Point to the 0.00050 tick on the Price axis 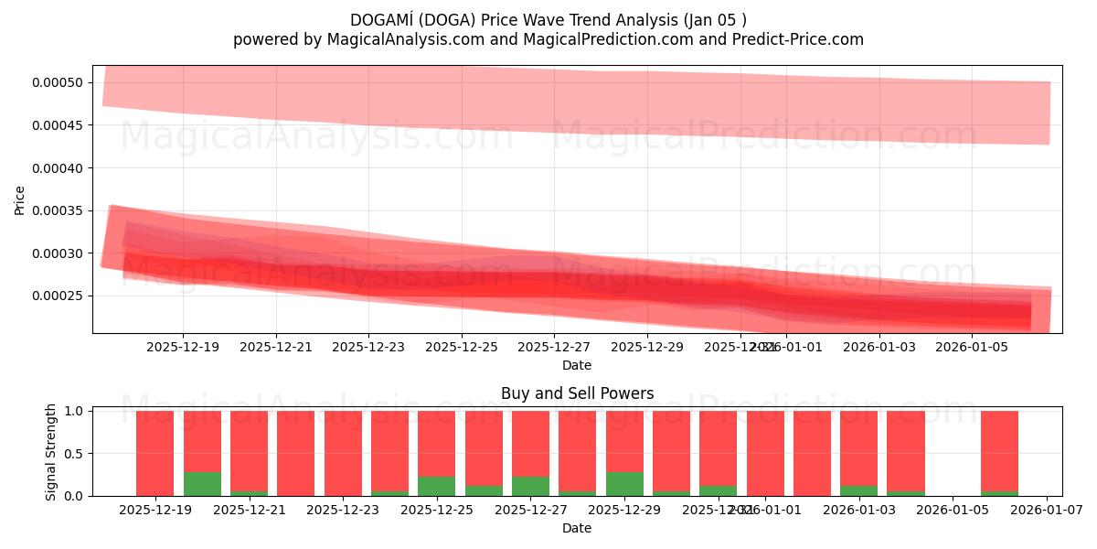tap(58, 82)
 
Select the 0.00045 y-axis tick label tap(58, 125)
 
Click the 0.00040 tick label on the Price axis tap(58, 168)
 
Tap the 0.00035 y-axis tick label tap(58, 210)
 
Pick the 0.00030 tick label tap(58, 253)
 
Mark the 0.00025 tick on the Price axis tap(58, 296)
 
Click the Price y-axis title tap(19, 199)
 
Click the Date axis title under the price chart tap(577, 365)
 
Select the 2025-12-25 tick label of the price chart tap(462, 348)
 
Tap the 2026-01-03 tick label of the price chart tap(879, 348)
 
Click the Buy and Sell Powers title tap(577, 394)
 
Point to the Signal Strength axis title tap(51, 451)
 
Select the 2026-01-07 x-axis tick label tap(1047, 511)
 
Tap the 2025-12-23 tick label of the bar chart tap(344, 511)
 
